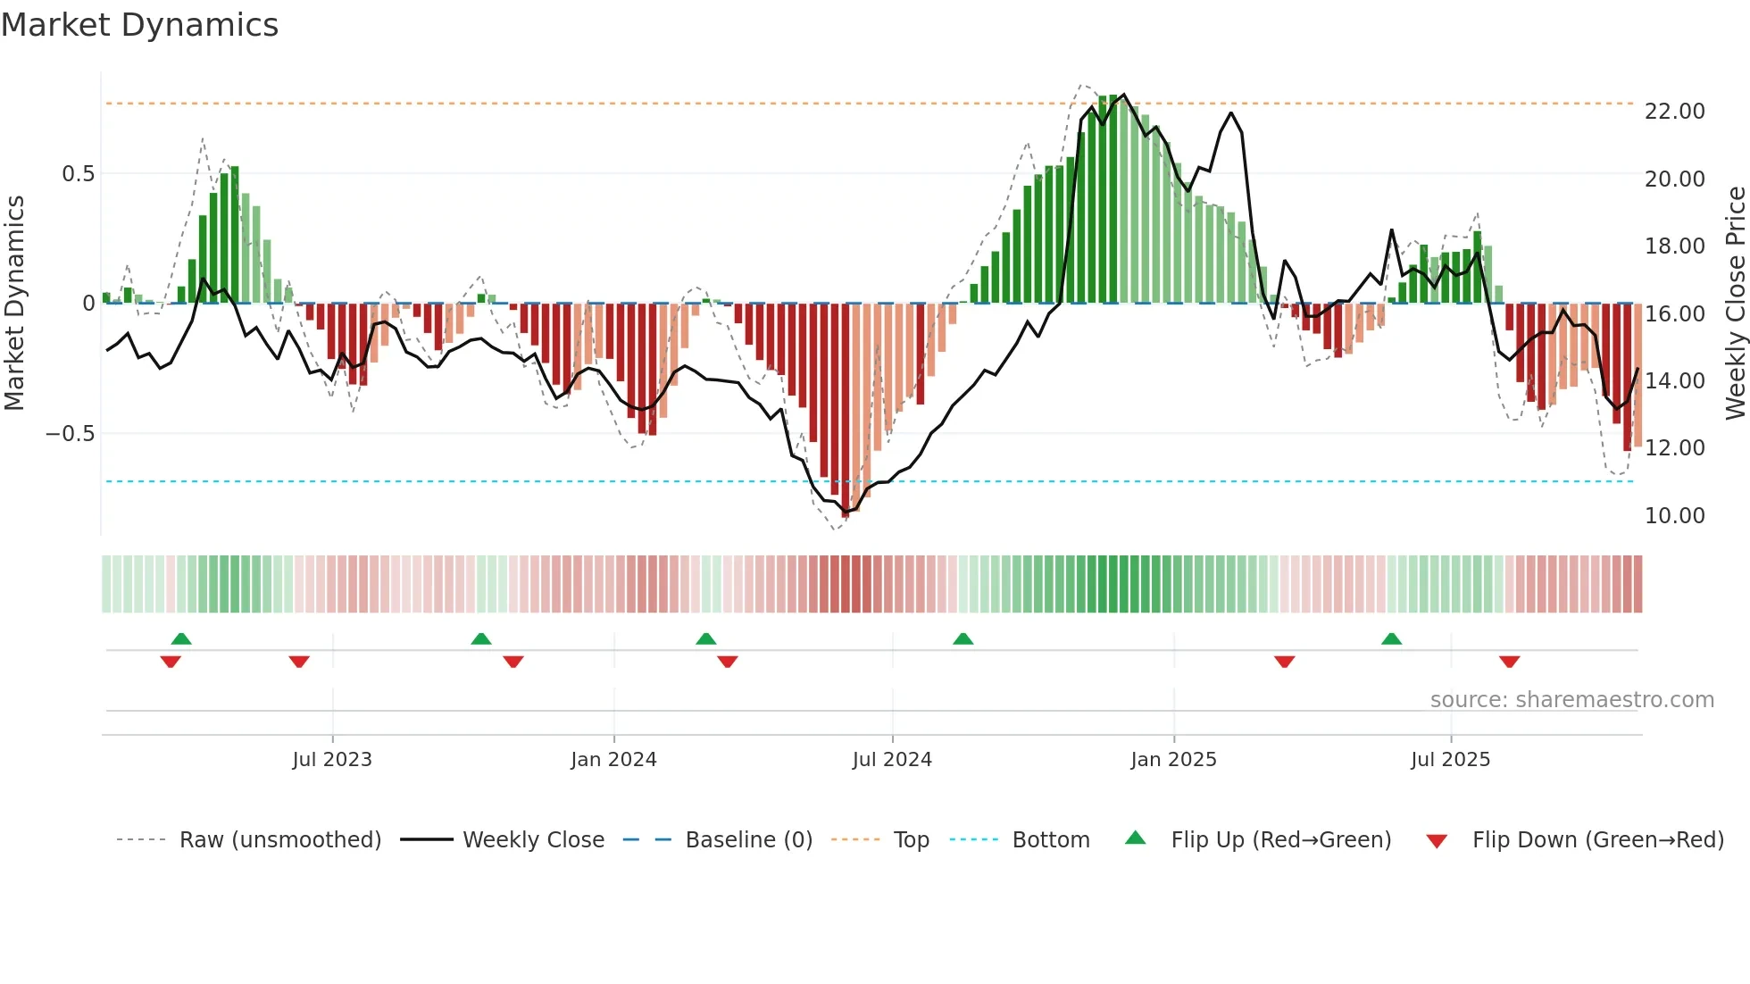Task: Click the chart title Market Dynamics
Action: point(139,25)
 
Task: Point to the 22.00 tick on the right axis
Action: point(1674,112)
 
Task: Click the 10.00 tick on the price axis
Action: point(1674,516)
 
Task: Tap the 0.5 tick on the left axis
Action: point(78,174)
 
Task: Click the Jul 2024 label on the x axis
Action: point(891,760)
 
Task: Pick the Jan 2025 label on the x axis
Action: point(1172,760)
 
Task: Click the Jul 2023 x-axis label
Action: point(331,760)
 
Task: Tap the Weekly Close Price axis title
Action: point(1735,304)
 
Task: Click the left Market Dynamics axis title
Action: point(14,304)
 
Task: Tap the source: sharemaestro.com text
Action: point(1571,700)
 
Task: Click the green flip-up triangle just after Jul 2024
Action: point(962,639)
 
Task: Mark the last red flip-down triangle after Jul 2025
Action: point(1509,662)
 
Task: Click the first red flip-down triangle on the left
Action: point(171,662)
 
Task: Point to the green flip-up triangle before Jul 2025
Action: point(1391,639)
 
